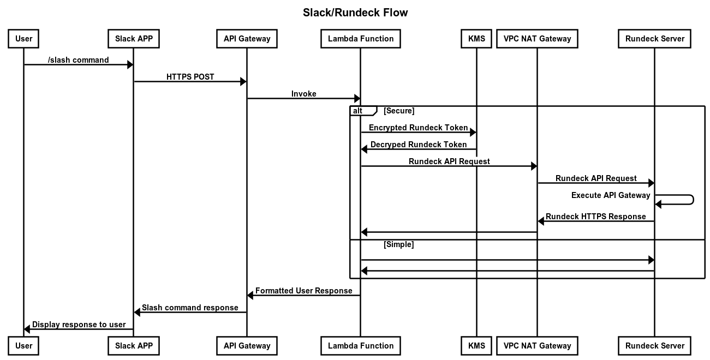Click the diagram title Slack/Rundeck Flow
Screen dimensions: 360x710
click(x=355, y=13)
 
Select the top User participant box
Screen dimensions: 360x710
click(x=23, y=39)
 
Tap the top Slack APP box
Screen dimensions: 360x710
click(x=134, y=39)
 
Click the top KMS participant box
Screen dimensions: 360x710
click(x=476, y=39)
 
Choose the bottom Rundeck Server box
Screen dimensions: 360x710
click(x=654, y=345)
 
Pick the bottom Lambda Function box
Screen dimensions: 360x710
click(x=360, y=345)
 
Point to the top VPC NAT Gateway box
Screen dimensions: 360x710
click(x=537, y=39)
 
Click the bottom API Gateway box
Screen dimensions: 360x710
click(x=247, y=345)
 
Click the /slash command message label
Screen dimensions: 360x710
click(x=78, y=60)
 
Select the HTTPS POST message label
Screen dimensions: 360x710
click(x=190, y=77)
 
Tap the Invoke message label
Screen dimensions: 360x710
click(x=303, y=94)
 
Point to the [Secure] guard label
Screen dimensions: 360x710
click(x=399, y=111)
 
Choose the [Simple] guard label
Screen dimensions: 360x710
click(x=398, y=244)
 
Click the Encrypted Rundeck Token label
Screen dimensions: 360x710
click(x=418, y=128)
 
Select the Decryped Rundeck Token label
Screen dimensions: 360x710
click(x=419, y=145)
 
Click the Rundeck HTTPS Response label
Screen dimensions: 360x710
click(x=595, y=217)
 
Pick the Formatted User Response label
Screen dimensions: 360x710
click(x=303, y=291)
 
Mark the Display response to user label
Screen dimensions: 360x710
click(x=79, y=325)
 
